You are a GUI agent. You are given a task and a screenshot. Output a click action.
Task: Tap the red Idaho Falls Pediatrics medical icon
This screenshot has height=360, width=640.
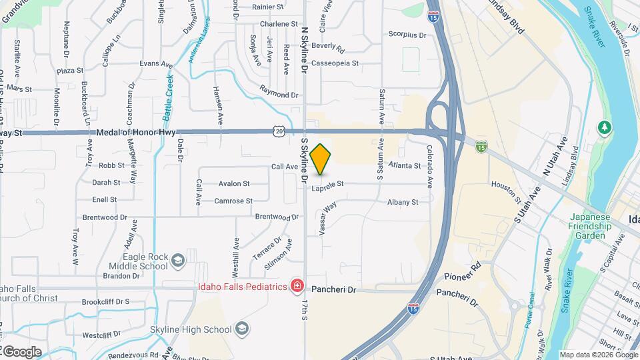point(297,287)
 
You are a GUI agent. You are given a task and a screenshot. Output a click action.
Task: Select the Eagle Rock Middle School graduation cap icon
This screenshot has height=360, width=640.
point(177,259)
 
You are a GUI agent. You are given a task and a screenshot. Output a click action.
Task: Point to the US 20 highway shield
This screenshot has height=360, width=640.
point(278,132)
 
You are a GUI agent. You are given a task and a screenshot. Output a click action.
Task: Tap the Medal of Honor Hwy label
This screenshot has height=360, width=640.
point(135,133)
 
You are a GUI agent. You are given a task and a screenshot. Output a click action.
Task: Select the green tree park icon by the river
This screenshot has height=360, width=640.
point(605,127)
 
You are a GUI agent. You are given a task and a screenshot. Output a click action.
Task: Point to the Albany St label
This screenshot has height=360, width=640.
point(403,202)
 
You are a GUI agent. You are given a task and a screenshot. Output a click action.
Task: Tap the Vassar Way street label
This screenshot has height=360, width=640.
point(329,217)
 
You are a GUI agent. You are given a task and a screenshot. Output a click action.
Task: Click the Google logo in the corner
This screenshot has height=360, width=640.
point(21,351)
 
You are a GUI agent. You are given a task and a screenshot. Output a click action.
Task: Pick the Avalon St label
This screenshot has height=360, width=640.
point(234,183)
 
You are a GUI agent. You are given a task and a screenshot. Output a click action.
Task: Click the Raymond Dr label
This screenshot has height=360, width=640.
point(279,96)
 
